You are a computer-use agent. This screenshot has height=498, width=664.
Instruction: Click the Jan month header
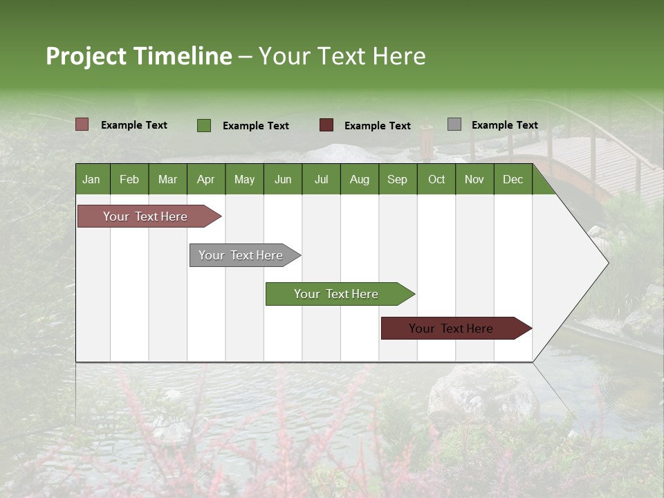91,180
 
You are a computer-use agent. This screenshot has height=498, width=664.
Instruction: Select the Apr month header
205,180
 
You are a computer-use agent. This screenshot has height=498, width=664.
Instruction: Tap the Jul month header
321,180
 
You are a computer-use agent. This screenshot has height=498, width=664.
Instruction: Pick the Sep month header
397,180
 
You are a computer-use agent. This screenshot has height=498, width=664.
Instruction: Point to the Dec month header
513,180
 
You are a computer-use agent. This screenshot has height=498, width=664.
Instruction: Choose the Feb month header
129,180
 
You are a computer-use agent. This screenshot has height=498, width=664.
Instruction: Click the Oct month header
436,180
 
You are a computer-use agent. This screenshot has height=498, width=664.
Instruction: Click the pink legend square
82,124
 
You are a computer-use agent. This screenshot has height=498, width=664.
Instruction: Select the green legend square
204,125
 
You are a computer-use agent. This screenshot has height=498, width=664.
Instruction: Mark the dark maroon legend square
326,125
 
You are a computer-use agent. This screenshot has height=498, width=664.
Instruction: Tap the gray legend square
454,124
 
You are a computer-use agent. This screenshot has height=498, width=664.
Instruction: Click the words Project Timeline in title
138,56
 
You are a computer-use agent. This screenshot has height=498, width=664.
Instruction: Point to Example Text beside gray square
504,125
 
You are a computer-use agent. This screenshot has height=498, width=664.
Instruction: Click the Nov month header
474,180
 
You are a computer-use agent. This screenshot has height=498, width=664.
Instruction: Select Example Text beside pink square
133,125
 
